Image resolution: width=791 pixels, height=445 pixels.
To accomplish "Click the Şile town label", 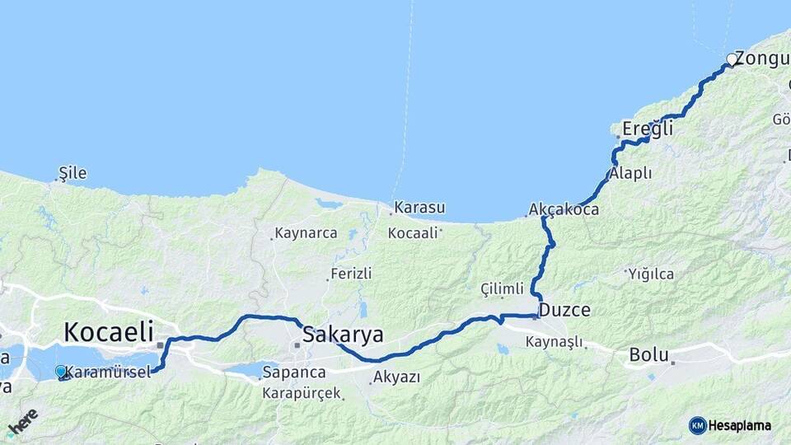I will pyautogui.click(x=73, y=174).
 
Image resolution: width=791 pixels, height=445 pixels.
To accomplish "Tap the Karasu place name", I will pyautogui.click(x=419, y=207).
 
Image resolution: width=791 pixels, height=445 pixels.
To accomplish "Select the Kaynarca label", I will pyautogui.click(x=306, y=233).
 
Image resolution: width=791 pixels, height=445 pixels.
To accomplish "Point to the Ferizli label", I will pyautogui.click(x=351, y=273).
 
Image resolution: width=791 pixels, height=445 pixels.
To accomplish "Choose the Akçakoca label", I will pyautogui.click(x=564, y=210).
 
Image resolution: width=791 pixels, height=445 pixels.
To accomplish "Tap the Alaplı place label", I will pyautogui.click(x=631, y=174).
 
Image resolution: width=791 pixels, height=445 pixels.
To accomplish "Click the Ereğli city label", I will pyautogui.click(x=648, y=129).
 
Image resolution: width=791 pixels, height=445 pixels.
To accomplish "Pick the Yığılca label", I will pyautogui.click(x=651, y=274).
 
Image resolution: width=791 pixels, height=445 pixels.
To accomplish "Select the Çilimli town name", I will pyautogui.click(x=503, y=288).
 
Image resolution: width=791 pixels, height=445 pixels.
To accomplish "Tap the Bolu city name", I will pyautogui.click(x=648, y=355).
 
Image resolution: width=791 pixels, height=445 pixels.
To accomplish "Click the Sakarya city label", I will pyautogui.click(x=343, y=335).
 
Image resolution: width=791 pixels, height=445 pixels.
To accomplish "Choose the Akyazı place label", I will pyautogui.click(x=396, y=377).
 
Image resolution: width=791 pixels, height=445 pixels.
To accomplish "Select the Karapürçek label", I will pyautogui.click(x=302, y=393).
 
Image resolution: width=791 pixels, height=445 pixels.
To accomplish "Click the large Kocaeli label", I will pyautogui.click(x=109, y=332).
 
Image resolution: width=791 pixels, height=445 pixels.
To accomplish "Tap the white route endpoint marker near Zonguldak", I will pyautogui.click(x=731, y=59).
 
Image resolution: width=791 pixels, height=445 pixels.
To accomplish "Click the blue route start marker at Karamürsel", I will pyautogui.click(x=60, y=372).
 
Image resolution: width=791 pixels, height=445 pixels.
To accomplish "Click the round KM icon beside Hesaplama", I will pyautogui.click(x=698, y=425).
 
